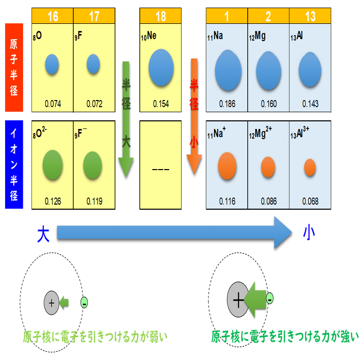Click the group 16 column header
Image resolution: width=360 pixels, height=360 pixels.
[52, 16]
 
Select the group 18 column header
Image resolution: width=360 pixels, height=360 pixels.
[160, 16]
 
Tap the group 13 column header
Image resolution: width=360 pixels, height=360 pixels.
[310, 16]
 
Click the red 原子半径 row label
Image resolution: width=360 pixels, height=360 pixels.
[15, 67]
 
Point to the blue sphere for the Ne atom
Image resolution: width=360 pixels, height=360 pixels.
[161, 68]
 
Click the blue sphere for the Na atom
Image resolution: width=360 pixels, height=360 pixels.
[227, 70]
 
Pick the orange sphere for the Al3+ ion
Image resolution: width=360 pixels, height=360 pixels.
[310, 167]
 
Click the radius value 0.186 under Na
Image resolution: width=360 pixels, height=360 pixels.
[227, 104]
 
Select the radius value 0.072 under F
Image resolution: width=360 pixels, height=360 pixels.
[94, 104]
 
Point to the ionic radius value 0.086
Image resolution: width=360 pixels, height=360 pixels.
[269, 202]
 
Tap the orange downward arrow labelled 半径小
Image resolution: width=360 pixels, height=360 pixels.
[194, 117]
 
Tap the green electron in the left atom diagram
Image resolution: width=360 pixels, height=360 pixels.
[84, 304]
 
